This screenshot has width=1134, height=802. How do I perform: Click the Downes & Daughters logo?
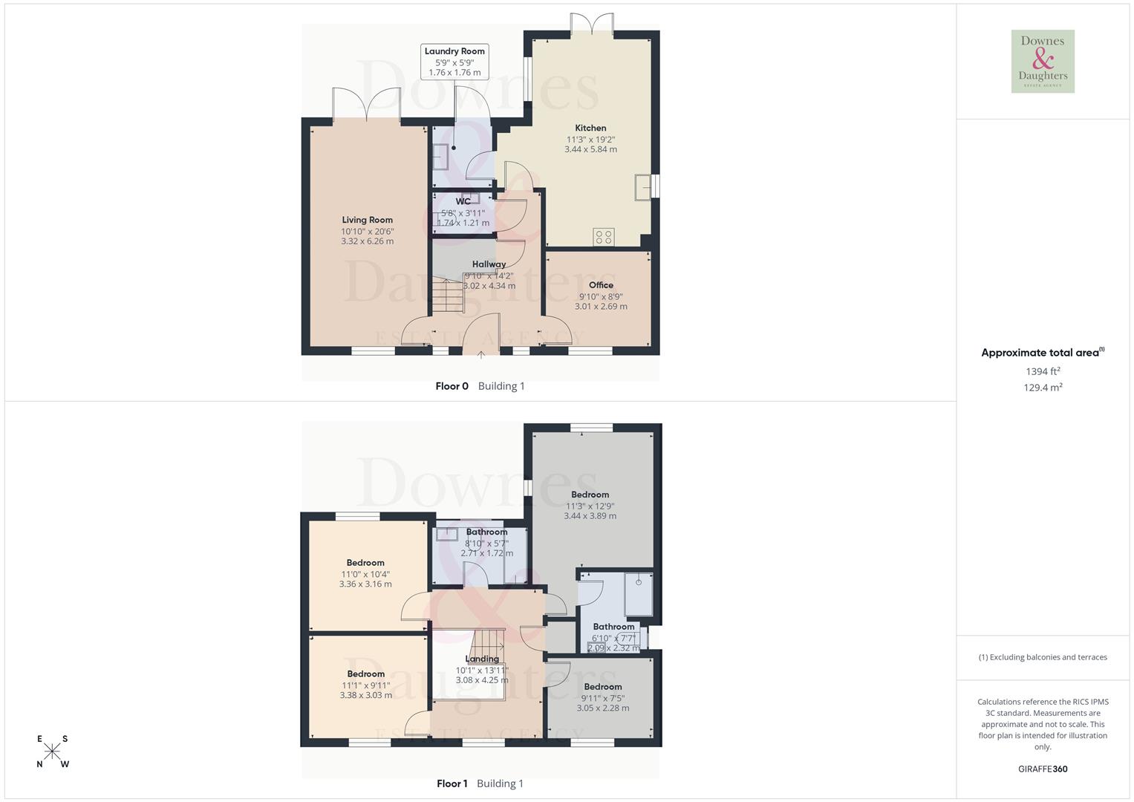[x=1043, y=62]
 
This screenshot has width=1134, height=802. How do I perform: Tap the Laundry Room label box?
[x=454, y=62]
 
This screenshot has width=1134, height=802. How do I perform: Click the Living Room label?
[x=367, y=220]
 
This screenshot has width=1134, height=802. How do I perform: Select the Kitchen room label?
[x=590, y=128]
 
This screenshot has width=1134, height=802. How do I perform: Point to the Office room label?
[x=601, y=285]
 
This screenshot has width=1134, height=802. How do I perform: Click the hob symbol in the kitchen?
[x=604, y=237]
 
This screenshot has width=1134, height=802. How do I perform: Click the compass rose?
[x=53, y=752]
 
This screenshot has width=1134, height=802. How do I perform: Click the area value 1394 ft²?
[x=1043, y=371]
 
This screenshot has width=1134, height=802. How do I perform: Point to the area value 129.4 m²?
[x=1043, y=388]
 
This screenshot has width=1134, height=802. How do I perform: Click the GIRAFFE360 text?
[x=1043, y=769]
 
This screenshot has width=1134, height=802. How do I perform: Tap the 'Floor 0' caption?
[x=452, y=386]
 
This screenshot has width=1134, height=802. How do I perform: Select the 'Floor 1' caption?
[x=452, y=783]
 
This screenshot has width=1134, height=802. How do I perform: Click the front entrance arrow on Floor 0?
[x=481, y=355]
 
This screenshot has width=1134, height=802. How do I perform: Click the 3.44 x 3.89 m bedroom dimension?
[x=590, y=516]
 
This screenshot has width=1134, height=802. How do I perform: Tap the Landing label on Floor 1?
[x=482, y=659]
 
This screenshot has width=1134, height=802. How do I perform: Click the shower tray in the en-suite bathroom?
[x=639, y=594]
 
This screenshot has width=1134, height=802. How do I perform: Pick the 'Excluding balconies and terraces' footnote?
[x=1043, y=657]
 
